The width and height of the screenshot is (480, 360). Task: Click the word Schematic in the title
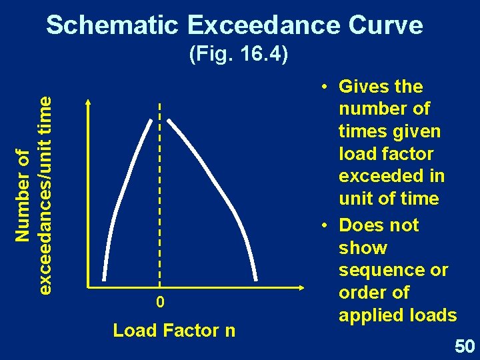coord(113,25)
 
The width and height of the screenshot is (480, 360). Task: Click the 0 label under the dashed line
coord(160,303)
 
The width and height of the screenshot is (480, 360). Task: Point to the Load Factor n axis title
coord(174,330)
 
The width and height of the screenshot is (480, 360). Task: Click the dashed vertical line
coord(160,200)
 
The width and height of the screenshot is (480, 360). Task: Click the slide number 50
coord(464,346)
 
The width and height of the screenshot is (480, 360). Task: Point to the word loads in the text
coord(434,315)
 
